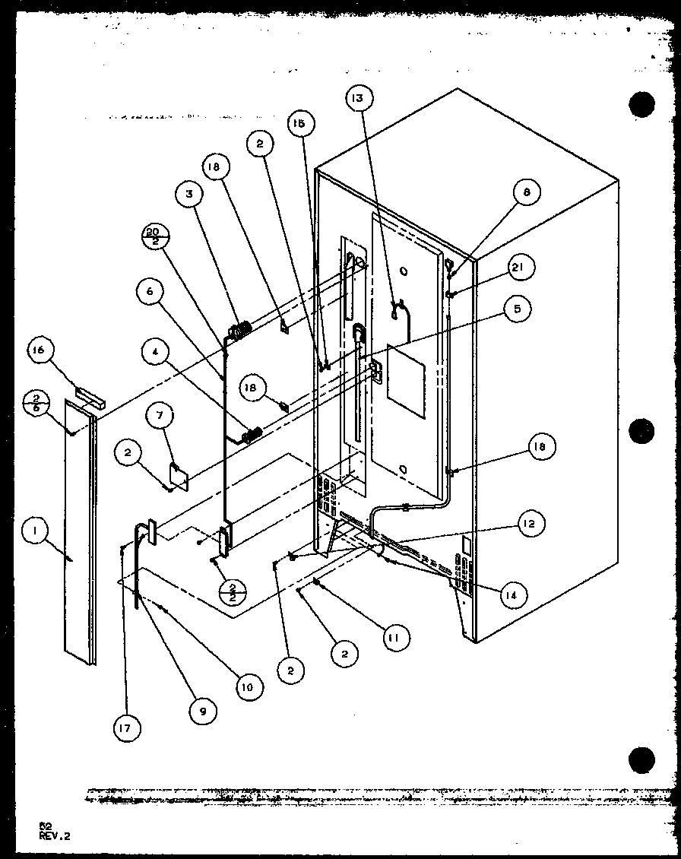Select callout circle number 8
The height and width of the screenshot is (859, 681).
point(526,193)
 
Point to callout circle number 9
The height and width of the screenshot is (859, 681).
point(204,711)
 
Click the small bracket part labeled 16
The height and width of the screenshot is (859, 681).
point(89,395)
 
